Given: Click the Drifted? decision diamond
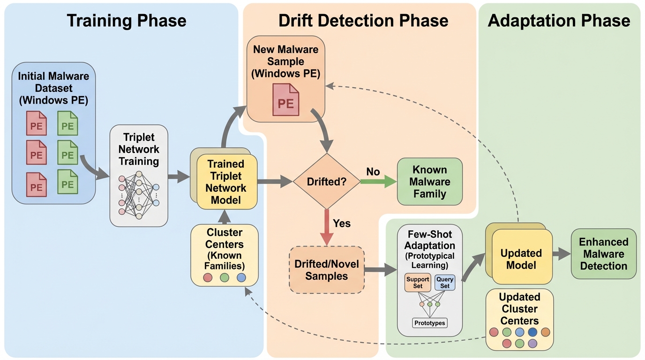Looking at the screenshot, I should click(326, 181).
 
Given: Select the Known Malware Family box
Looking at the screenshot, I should click(429, 181).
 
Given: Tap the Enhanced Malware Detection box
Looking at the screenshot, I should click(604, 254).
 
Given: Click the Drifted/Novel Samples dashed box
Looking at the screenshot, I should click(327, 270).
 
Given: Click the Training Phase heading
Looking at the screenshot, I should click(127, 21).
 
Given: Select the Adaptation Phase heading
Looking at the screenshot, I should click(559, 21).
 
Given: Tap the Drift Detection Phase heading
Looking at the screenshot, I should click(363, 21).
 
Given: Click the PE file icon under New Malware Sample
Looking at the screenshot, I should click(286, 99).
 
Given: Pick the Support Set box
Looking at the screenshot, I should click(418, 283).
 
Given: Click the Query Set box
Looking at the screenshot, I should click(445, 283).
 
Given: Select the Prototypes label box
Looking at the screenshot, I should click(430, 323).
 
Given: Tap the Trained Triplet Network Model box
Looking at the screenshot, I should click(227, 182).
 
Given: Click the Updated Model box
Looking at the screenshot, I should click(521, 259).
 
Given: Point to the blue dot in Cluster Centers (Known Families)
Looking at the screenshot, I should click(241, 277).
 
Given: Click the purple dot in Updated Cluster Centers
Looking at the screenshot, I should click(532, 344).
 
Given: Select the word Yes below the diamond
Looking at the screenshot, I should click(342, 223).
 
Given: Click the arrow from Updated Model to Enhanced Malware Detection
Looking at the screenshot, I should click(561, 255).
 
